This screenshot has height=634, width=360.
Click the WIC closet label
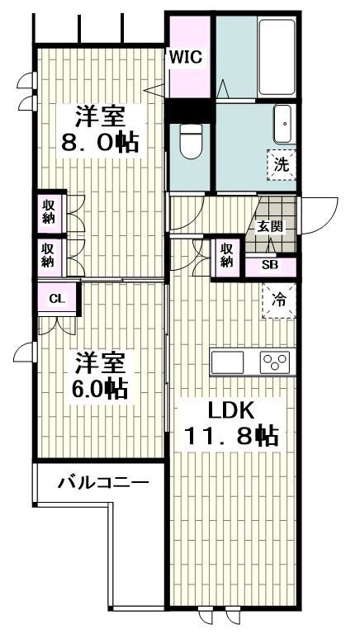[x=187, y=57]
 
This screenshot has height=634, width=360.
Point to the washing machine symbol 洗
[x=281, y=163]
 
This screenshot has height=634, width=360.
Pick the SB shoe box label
[x=269, y=265]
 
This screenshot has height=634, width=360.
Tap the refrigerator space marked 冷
[x=279, y=300]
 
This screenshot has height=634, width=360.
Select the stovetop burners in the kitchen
[x=274, y=362]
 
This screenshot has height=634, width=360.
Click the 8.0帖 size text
[x=99, y=141]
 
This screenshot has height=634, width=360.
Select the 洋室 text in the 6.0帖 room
[x=101, y=362]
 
